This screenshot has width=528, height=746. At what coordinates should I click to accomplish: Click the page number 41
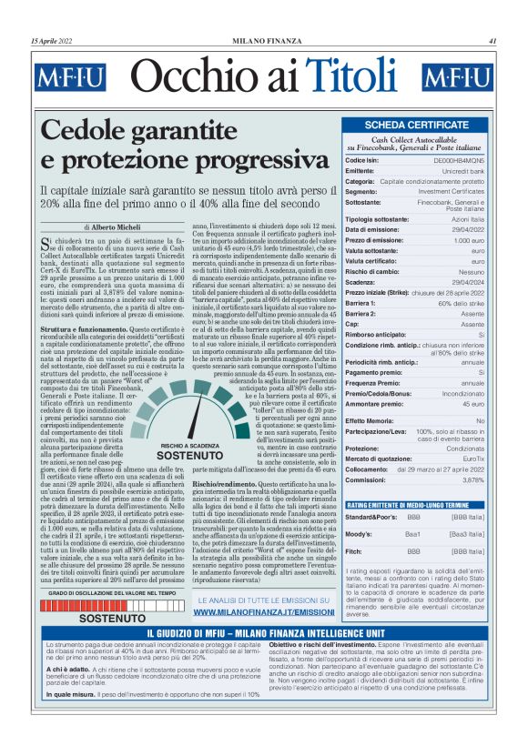492,40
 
